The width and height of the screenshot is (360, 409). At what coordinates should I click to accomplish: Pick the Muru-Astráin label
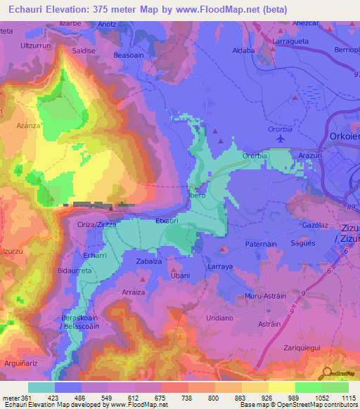[263, 297]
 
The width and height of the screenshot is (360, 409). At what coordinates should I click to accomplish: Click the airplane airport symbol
[282, 138]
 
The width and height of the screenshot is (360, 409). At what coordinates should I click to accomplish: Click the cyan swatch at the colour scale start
[41, 387]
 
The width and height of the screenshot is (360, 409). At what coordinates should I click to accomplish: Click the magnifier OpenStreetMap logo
[327, 375]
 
